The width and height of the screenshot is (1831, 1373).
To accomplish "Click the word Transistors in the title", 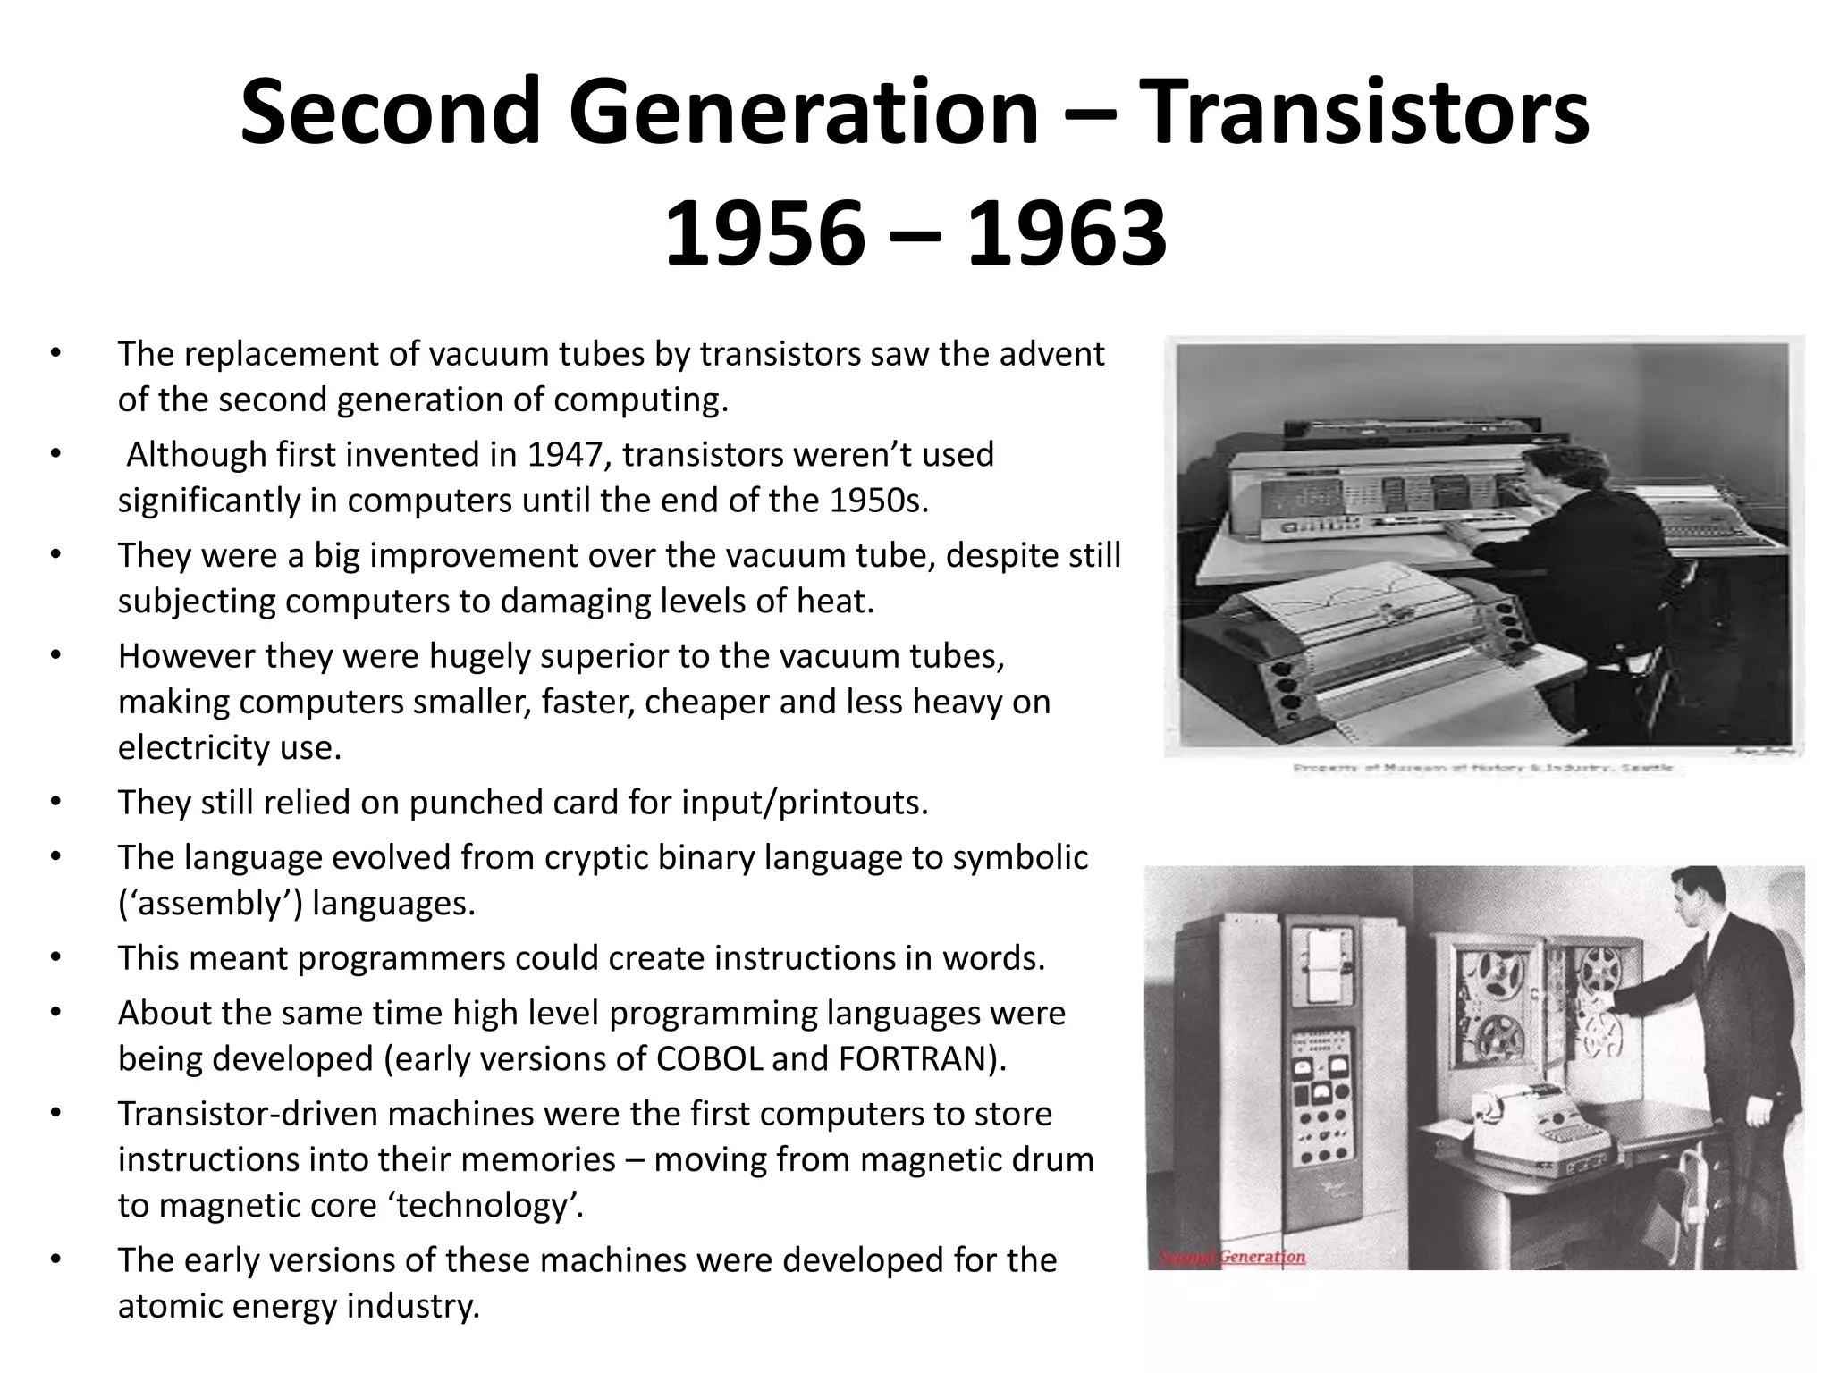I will [1367, 114].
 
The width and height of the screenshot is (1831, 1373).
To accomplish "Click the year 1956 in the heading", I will [764, 235].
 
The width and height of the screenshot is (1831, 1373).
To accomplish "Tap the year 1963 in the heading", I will [1067, 235].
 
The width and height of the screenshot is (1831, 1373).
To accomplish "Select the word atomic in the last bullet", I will [166, 1305].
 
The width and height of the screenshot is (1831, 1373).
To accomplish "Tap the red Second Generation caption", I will [1232, 1258].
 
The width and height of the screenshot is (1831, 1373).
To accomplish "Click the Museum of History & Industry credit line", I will [1482, 769].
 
